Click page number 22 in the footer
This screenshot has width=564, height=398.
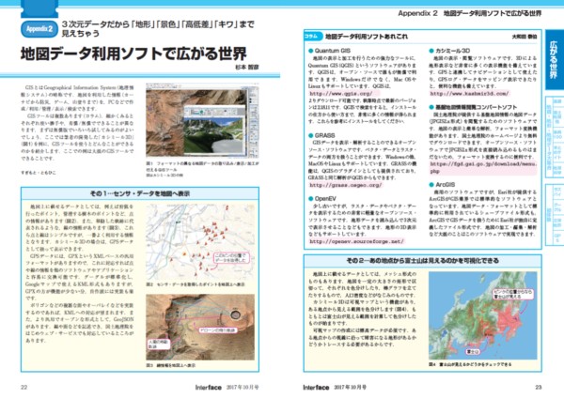pyautogui.click(x=24, y=385)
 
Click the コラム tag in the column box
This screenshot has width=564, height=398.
pyautogui.click(x=309, y=35)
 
